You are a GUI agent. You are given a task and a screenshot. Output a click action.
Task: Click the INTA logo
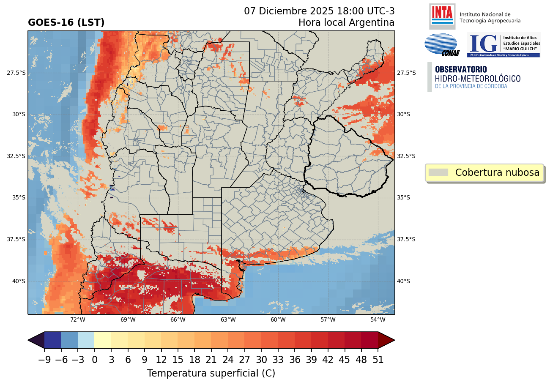[x=442, y=16]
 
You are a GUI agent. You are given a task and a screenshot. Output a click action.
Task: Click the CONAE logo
[x=441, y=45]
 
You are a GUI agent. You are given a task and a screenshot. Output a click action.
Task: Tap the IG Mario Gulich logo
[x=503, y=45]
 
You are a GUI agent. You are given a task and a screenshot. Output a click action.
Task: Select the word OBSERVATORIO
[x=461, y=69]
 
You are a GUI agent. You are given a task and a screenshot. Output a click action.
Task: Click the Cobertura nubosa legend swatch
[x=438, y=172]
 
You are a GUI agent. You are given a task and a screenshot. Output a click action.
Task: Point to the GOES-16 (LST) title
[x=66, y=23]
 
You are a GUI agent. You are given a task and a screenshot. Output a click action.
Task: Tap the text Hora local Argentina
[x=346, y=23]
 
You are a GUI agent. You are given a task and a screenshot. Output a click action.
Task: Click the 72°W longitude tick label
[x=78, y=319]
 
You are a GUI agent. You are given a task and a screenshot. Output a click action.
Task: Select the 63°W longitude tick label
[x=228, y=319]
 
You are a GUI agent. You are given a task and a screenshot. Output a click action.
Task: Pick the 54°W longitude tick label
[x=378, y=319]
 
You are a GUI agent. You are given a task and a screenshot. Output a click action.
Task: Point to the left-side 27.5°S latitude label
[x=16, y=73]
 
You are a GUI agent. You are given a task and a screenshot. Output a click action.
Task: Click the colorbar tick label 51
[x=378, y=360]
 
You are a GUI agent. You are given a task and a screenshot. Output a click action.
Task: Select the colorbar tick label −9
[x=44, y=360]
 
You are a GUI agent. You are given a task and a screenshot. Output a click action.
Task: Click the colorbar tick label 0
[x=94, y=360]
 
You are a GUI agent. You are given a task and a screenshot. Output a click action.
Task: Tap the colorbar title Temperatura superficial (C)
[x=211, y=374]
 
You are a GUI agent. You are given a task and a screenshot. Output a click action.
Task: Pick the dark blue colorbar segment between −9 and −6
[x=52, y=340]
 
